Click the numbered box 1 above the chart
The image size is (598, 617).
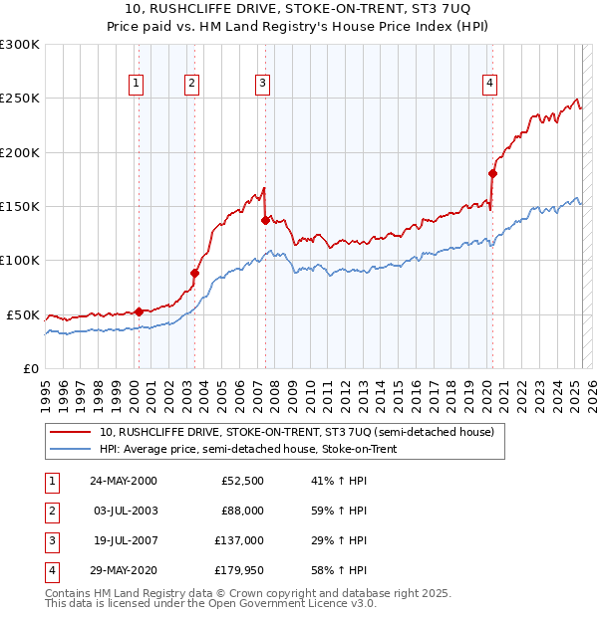click(135, 84)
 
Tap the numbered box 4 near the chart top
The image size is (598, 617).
click(490, 84)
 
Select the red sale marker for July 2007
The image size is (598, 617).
click(265, 220)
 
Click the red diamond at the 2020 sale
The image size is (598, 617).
click(492, 173)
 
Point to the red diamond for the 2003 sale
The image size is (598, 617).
click(194, 273)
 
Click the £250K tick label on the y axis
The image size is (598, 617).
click(19, 99)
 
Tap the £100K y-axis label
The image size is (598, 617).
click(19, 261)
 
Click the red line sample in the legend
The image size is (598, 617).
click(70, 433)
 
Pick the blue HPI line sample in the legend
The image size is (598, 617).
click(70, 450)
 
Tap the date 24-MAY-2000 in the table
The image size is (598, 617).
click(124, 481)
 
